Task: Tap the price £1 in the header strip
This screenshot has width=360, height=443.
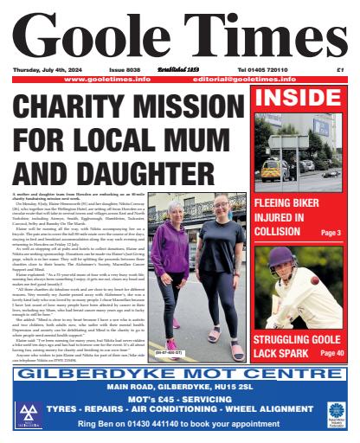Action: pos(341,68)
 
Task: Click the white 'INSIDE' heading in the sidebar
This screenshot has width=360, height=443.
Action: pos(302,98)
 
